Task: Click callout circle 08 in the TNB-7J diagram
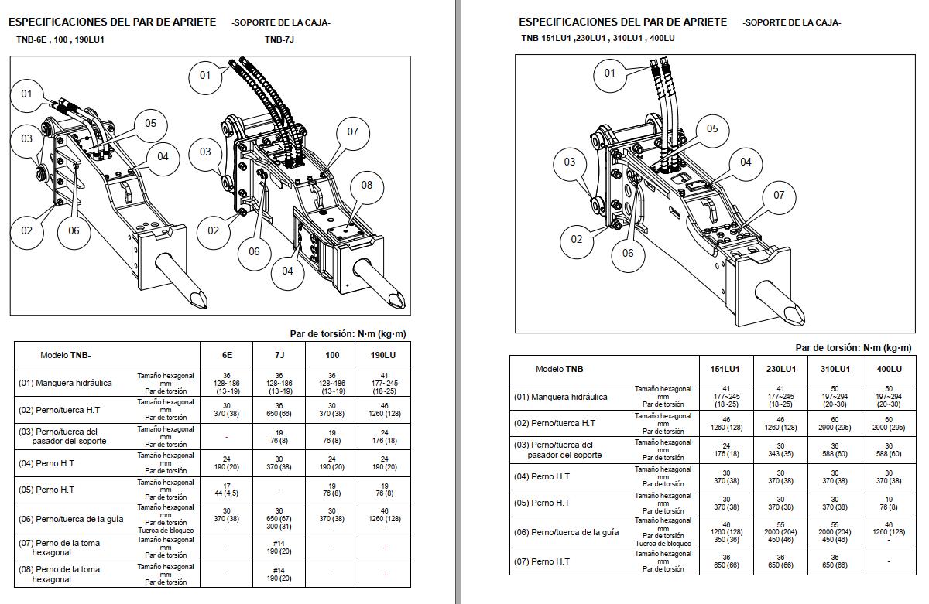[x=367, y=186]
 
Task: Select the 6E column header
[x=226, y=355]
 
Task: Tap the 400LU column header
[x=888, y=370]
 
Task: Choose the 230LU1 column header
[x=783, y=370]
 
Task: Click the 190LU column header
[x=384, y=355]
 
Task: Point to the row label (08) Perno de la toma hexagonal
[x=60, y=574]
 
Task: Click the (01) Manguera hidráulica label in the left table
[x=65, y=383]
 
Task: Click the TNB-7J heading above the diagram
[x=279, y=39]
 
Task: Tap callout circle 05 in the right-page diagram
[x=712, y=129]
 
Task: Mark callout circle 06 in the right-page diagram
[x=628, y=253]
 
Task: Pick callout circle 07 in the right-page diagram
[x=779, y=195]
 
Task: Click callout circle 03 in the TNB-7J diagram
[x=205, y=152]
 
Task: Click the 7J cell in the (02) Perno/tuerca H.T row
[x=279, y=409]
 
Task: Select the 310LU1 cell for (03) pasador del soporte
[x=835, y=449]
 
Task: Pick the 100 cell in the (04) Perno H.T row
[x=331, y=462]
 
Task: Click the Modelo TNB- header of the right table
[x=560, y=370]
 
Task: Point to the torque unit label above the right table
[x=853, y=348]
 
